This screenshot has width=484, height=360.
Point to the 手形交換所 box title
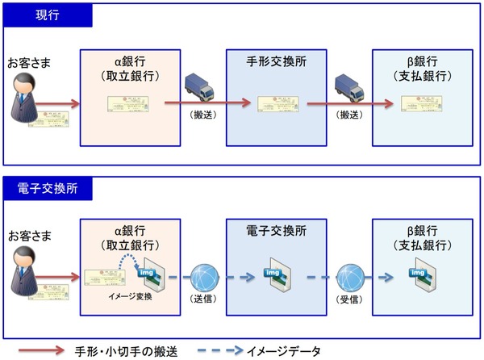(277, 60)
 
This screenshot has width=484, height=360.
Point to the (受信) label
(349, 299)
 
